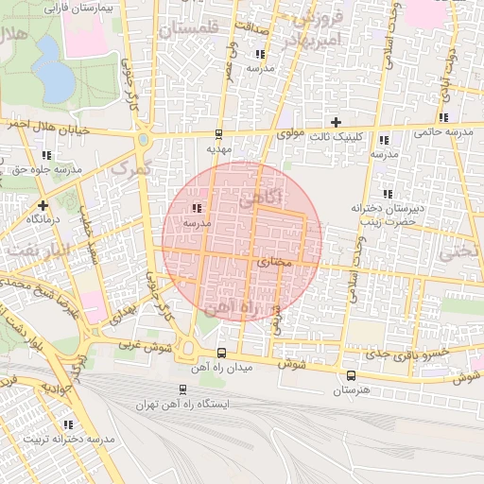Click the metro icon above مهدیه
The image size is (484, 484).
point(218,134)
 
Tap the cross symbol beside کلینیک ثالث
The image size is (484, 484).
point(336,122)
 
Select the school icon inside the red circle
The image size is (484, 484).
point(197,209)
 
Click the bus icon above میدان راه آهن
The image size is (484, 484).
point(221,354)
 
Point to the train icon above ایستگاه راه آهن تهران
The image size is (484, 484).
point(182,389)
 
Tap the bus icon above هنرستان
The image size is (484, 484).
point(352,375)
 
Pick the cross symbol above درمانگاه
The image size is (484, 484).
point(42,205)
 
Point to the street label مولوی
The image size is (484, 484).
point(291,135)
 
